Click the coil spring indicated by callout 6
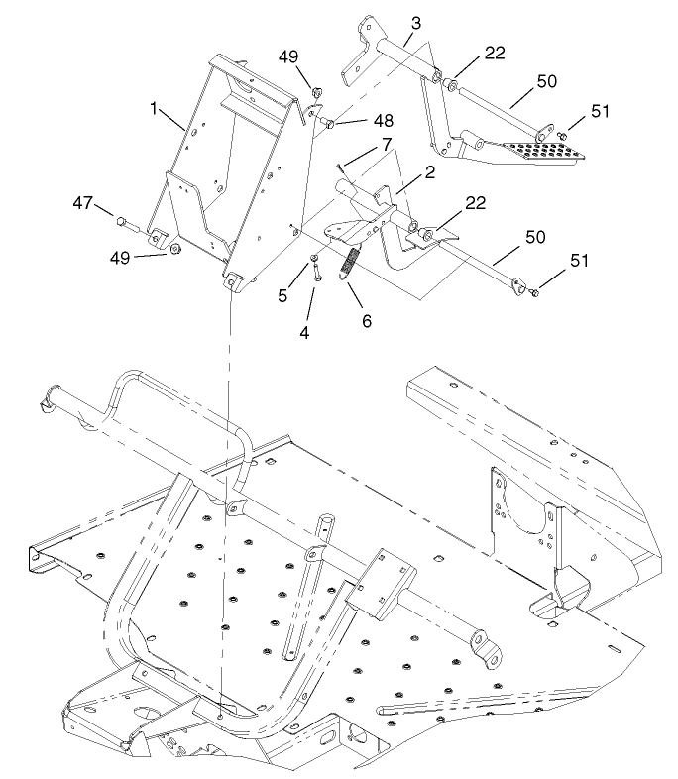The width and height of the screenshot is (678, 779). [x=349, y=266]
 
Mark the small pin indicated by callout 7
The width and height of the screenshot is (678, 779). [x=340, y=165]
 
